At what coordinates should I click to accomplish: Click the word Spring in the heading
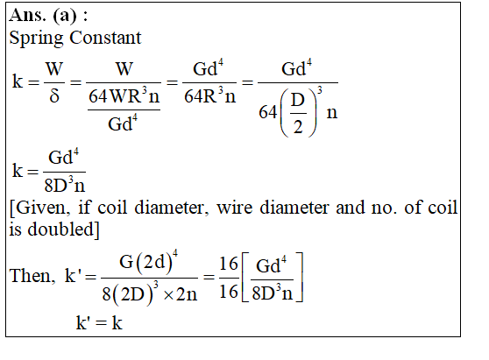point(36,39)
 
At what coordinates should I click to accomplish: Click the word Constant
point(105,38)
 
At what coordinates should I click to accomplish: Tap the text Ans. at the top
point(27,15)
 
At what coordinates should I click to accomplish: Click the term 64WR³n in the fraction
point(124,96)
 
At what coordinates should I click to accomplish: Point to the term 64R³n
point(209,95)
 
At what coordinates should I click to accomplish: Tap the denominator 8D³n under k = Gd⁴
point(65,185)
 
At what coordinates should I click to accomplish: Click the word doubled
point(60,229)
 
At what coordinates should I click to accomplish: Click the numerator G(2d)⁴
point(148,262)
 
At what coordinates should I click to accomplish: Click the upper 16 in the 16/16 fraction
point(229,264)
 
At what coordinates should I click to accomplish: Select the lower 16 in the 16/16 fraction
point(229,292)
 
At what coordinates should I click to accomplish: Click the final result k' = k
point(99,322)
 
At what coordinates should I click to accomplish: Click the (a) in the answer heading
point(65,16)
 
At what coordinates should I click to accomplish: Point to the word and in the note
point(351,208)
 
